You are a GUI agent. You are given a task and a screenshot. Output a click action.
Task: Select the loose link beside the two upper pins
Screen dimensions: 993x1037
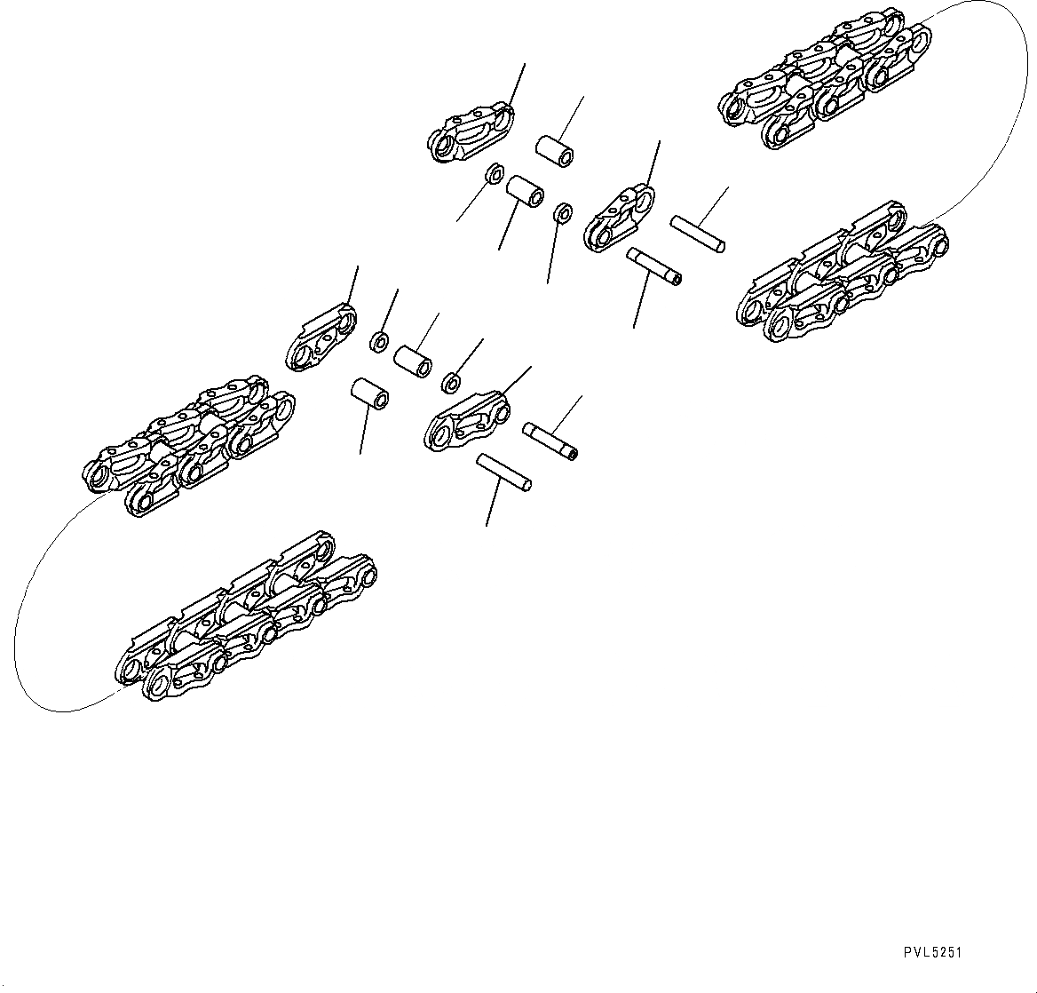[620, 217]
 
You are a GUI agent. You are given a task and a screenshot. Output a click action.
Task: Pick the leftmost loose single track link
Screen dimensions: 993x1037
[320, 337]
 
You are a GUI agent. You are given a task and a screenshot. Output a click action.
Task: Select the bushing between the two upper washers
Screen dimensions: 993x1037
[524, 190]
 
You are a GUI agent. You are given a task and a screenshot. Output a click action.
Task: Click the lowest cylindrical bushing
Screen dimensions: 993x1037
[370, 393]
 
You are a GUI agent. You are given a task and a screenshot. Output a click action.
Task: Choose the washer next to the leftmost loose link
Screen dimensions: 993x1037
[379, 340]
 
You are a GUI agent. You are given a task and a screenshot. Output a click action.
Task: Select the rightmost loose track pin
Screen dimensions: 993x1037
[700, 233]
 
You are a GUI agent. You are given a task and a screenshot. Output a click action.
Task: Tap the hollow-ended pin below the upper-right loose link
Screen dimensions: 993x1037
[653, 266]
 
